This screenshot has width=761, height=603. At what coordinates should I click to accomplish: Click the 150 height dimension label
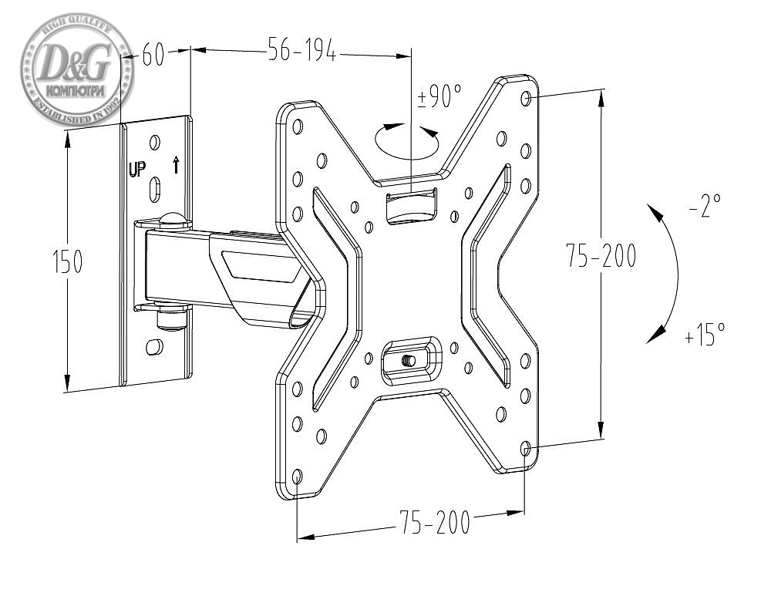[x=67, y=262]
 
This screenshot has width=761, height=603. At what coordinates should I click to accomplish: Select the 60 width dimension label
[x=153, y=56]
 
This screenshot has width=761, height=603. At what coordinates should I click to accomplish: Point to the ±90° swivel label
[x=439, y=96]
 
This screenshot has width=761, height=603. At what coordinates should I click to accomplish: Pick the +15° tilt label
[x=704, y=334]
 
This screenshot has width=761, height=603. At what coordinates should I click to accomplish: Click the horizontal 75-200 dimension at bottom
[x=434, y=524]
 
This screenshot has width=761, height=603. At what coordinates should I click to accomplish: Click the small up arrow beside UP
[x=176, y=164]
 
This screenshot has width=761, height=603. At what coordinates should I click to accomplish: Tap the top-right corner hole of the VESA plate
[x=526, y=98]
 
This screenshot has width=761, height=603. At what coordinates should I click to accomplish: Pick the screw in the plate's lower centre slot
[x=409, y=359]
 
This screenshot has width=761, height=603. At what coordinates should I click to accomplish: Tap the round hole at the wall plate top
[x=154, y=143]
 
